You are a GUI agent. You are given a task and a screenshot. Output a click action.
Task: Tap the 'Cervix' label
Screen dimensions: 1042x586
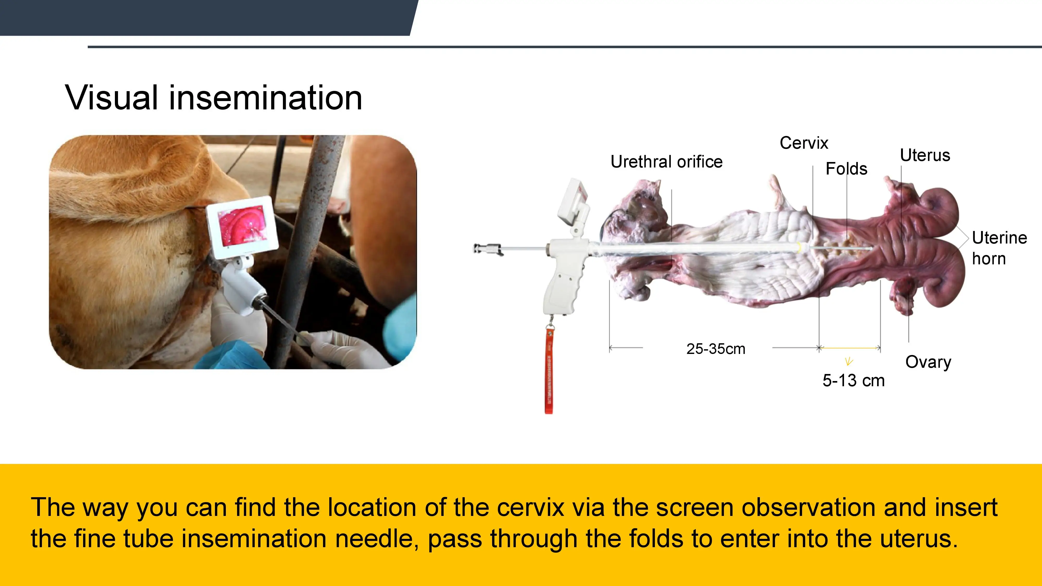(x=804, y=143)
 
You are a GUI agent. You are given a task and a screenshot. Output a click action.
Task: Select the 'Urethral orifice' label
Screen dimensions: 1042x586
(x=666, y=161)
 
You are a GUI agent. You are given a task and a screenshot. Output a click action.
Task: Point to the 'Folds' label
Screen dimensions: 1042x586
(x=846, y=169)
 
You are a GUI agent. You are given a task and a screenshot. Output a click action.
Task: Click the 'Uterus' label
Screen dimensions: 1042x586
(x=925, y=155)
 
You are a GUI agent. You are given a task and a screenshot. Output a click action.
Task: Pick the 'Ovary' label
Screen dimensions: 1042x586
(x=928, y=362)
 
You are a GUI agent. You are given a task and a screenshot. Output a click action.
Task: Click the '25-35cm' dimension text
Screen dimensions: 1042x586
(x=716, y=349)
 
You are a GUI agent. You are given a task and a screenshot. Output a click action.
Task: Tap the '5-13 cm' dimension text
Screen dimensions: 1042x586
(x=853, y=381)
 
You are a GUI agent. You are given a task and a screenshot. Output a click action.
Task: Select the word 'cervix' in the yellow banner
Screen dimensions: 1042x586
(x=530, y=508)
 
